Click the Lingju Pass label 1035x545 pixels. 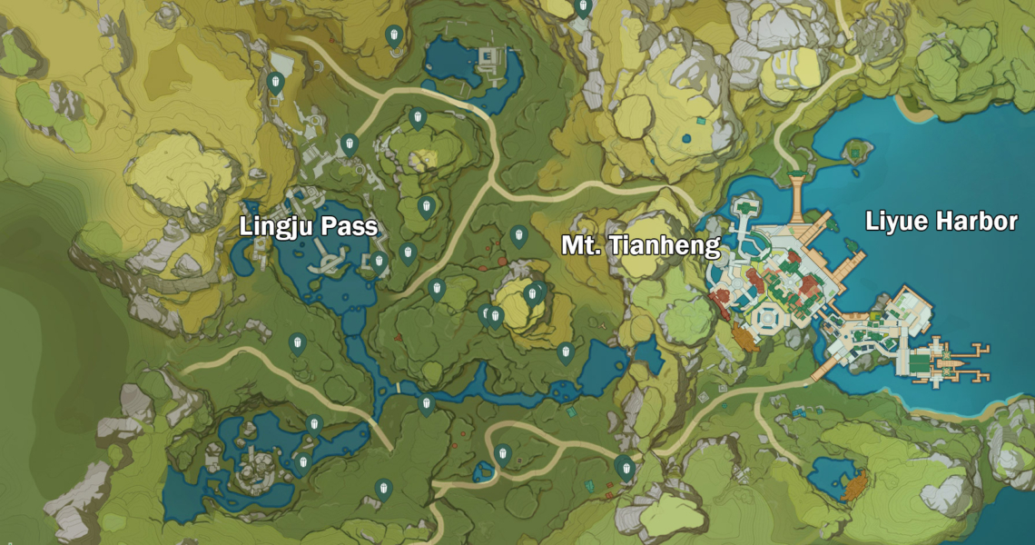pos(308,227)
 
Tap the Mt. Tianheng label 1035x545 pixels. pos(640,245)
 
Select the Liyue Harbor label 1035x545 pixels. pos(941,222)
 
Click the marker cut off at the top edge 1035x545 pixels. pos(584,7)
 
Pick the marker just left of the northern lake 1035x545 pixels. pos(394,36)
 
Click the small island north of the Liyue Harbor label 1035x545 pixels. pos(854,148)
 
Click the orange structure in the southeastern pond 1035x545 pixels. pos(854,488)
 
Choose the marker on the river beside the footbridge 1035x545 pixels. pos(426,404)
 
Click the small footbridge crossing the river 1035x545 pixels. pos(399,388)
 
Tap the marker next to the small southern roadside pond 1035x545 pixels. pos(502,454)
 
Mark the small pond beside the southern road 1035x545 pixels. pos(483,471)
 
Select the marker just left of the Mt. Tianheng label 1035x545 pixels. pos(519,236)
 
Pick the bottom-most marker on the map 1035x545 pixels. pos(384,490)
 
